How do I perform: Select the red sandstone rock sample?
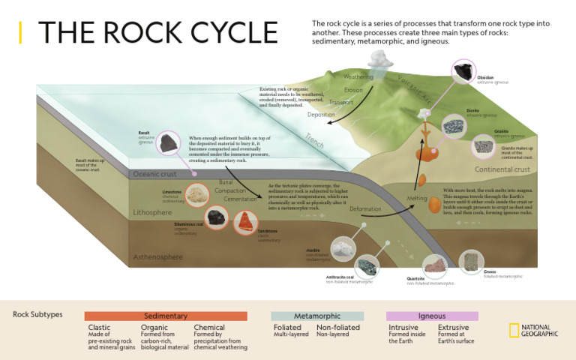pyautogui.click(x=244, y=220)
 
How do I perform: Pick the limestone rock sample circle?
pyautogui.click(x=197, y=195)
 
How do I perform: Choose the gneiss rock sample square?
pyautogui.click(x=471, y=261)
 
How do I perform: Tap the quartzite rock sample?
pyautogui.click(x=434, y=265)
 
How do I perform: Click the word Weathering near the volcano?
pyautogui.click(x=358, y=77)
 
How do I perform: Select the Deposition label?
pyautogui.click(x=321, y=115)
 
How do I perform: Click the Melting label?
pyautogui.click(x=416, y=199)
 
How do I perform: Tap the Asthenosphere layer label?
pyautogui.click(x=157, y=257)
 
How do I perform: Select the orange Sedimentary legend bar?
pyautogui.click(x=165, y=316)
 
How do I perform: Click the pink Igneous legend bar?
pyautogui.click(x=431, y=316)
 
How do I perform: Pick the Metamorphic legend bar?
pyautogui.click(x=317, y=316)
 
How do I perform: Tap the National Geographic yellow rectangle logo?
pyautogui.click(x=514, y=331)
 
